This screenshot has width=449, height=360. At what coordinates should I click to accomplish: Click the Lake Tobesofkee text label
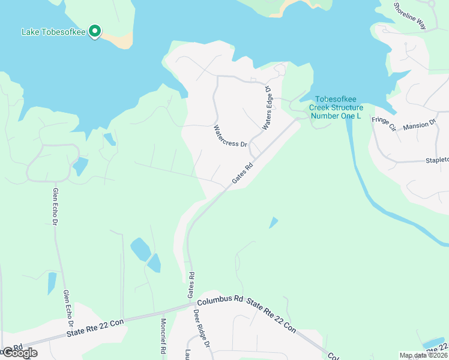click(x=53, y=31)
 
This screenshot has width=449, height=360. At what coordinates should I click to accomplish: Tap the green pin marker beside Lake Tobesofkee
click(x=94, y=31)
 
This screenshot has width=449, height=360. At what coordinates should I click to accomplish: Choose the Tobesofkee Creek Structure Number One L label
click(x=336, y=107)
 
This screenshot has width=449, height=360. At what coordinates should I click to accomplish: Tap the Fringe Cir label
click(x=384, y=124)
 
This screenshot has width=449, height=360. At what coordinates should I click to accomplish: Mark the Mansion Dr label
click(x=419, y=125)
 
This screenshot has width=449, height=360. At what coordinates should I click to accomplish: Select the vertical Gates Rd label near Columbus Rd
click(x=191, y=284)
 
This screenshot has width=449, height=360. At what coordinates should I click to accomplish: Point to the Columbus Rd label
click(x=220, y=298)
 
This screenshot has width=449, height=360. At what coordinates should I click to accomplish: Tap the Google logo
click(x=19, y=353)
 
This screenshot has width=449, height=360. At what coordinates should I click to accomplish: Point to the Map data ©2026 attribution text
click(x=423, y=355)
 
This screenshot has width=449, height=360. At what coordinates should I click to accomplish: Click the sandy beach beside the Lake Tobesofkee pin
click(x=118, y=39)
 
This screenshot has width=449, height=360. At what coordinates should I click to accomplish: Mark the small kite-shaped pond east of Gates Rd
click(x=274, y=223)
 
